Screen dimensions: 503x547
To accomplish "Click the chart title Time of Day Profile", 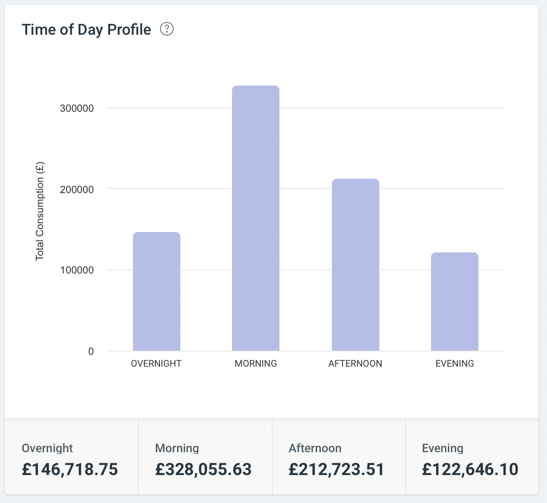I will coord(86,30).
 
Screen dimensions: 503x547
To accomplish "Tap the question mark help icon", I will coord(167,29).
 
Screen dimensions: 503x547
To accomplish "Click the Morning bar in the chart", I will coord(256,218).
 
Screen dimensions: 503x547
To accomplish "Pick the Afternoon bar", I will coord(355,265).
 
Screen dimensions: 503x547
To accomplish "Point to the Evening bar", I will coord(455,301).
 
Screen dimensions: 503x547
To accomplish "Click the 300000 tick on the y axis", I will coord(77,108).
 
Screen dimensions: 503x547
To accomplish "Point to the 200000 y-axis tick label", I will coord(77,189).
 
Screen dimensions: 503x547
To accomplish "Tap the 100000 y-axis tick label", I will coord(77,270).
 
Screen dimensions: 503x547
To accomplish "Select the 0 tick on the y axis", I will coord(91,351).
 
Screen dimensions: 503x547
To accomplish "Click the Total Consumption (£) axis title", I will coord(40,212).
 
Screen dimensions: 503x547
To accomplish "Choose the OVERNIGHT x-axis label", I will coord(156,364).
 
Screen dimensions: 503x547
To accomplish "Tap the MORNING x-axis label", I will coord(256,364).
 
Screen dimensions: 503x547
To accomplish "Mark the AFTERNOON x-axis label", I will coord(355,364).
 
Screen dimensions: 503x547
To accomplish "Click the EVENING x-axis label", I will coord(455,364).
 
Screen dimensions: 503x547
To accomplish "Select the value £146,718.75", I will coord(70,470).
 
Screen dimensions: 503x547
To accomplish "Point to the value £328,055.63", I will coord(203,470).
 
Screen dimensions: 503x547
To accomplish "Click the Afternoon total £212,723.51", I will coord(337,470).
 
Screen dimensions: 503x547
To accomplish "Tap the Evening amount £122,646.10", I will coord(470,470).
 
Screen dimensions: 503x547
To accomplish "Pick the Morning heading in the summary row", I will coord(177,448).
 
